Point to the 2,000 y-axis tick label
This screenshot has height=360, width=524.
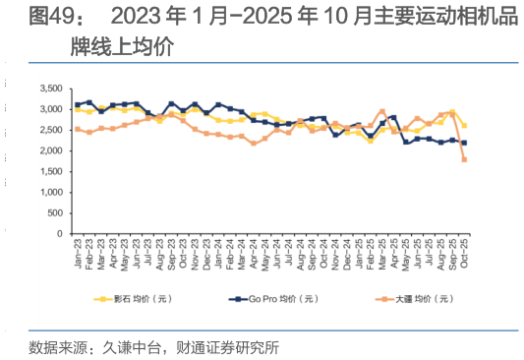[x=50, y=150]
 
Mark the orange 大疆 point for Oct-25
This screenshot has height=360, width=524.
[x=464, y=159]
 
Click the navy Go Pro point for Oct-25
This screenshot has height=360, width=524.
[x=464, y=143]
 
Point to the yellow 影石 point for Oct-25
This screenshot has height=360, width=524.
[x=464, y=126]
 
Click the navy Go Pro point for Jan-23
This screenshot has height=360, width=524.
[x=78, y=104]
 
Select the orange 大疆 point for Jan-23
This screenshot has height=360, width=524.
[x=78, y=129]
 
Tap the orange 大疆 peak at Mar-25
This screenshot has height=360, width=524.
[x=381, y=111]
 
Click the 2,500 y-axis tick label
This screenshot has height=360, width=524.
[x=50, y=130]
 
